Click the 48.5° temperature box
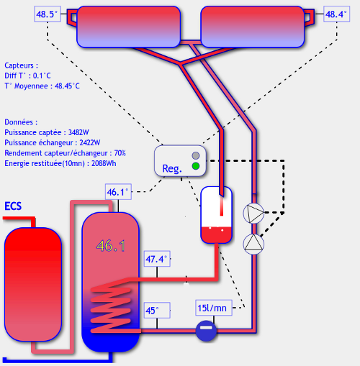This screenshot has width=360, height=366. pos(48,14)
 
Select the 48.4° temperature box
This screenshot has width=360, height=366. pos(336,14)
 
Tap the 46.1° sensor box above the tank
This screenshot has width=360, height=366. pos(118,192)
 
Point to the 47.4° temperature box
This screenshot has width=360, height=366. pos(157,259)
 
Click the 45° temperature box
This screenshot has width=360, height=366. pos(157,311)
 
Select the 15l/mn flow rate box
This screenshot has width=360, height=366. pos(214,308)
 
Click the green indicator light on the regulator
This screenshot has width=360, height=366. pos(196,166)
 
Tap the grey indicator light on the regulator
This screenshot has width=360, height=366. pos(196,155)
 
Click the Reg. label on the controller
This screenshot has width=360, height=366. pos(172,169)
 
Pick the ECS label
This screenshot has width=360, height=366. pos(13,206)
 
